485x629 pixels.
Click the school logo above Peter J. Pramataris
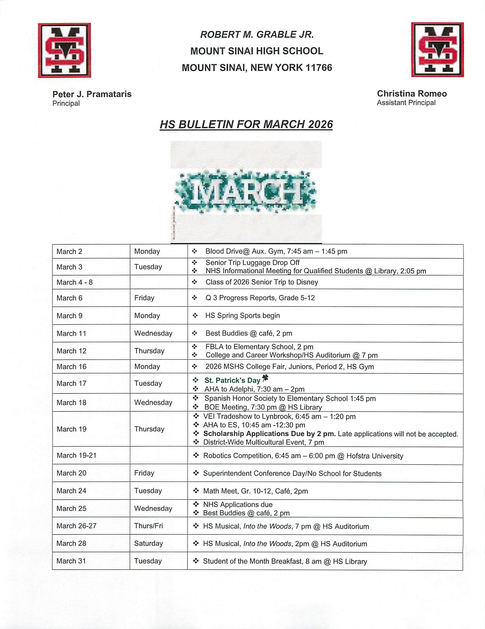[x=65, y=51]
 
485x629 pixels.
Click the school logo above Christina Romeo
[x=437, y=50]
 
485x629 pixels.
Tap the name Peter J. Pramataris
[x=92, y=94]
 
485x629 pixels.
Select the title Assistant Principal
[x=406, y=103]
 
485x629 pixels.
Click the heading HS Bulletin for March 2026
[x=246, y=125]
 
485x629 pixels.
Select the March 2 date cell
[x=69, y=251]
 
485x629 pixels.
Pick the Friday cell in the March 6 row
[x=144, y=298]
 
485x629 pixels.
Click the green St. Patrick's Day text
[x=232, y=380]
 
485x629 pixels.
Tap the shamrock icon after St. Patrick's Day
[x=265, y=378]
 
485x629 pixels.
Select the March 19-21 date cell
[x=77, y=455]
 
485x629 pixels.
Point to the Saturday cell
[x=148, y=543]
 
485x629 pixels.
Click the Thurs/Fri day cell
[x=148, y=526]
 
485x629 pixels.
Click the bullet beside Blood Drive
[x=195, y=251]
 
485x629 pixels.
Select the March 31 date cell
[x=71, y=561]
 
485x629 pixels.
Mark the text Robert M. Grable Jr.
[x=257, y=34]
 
